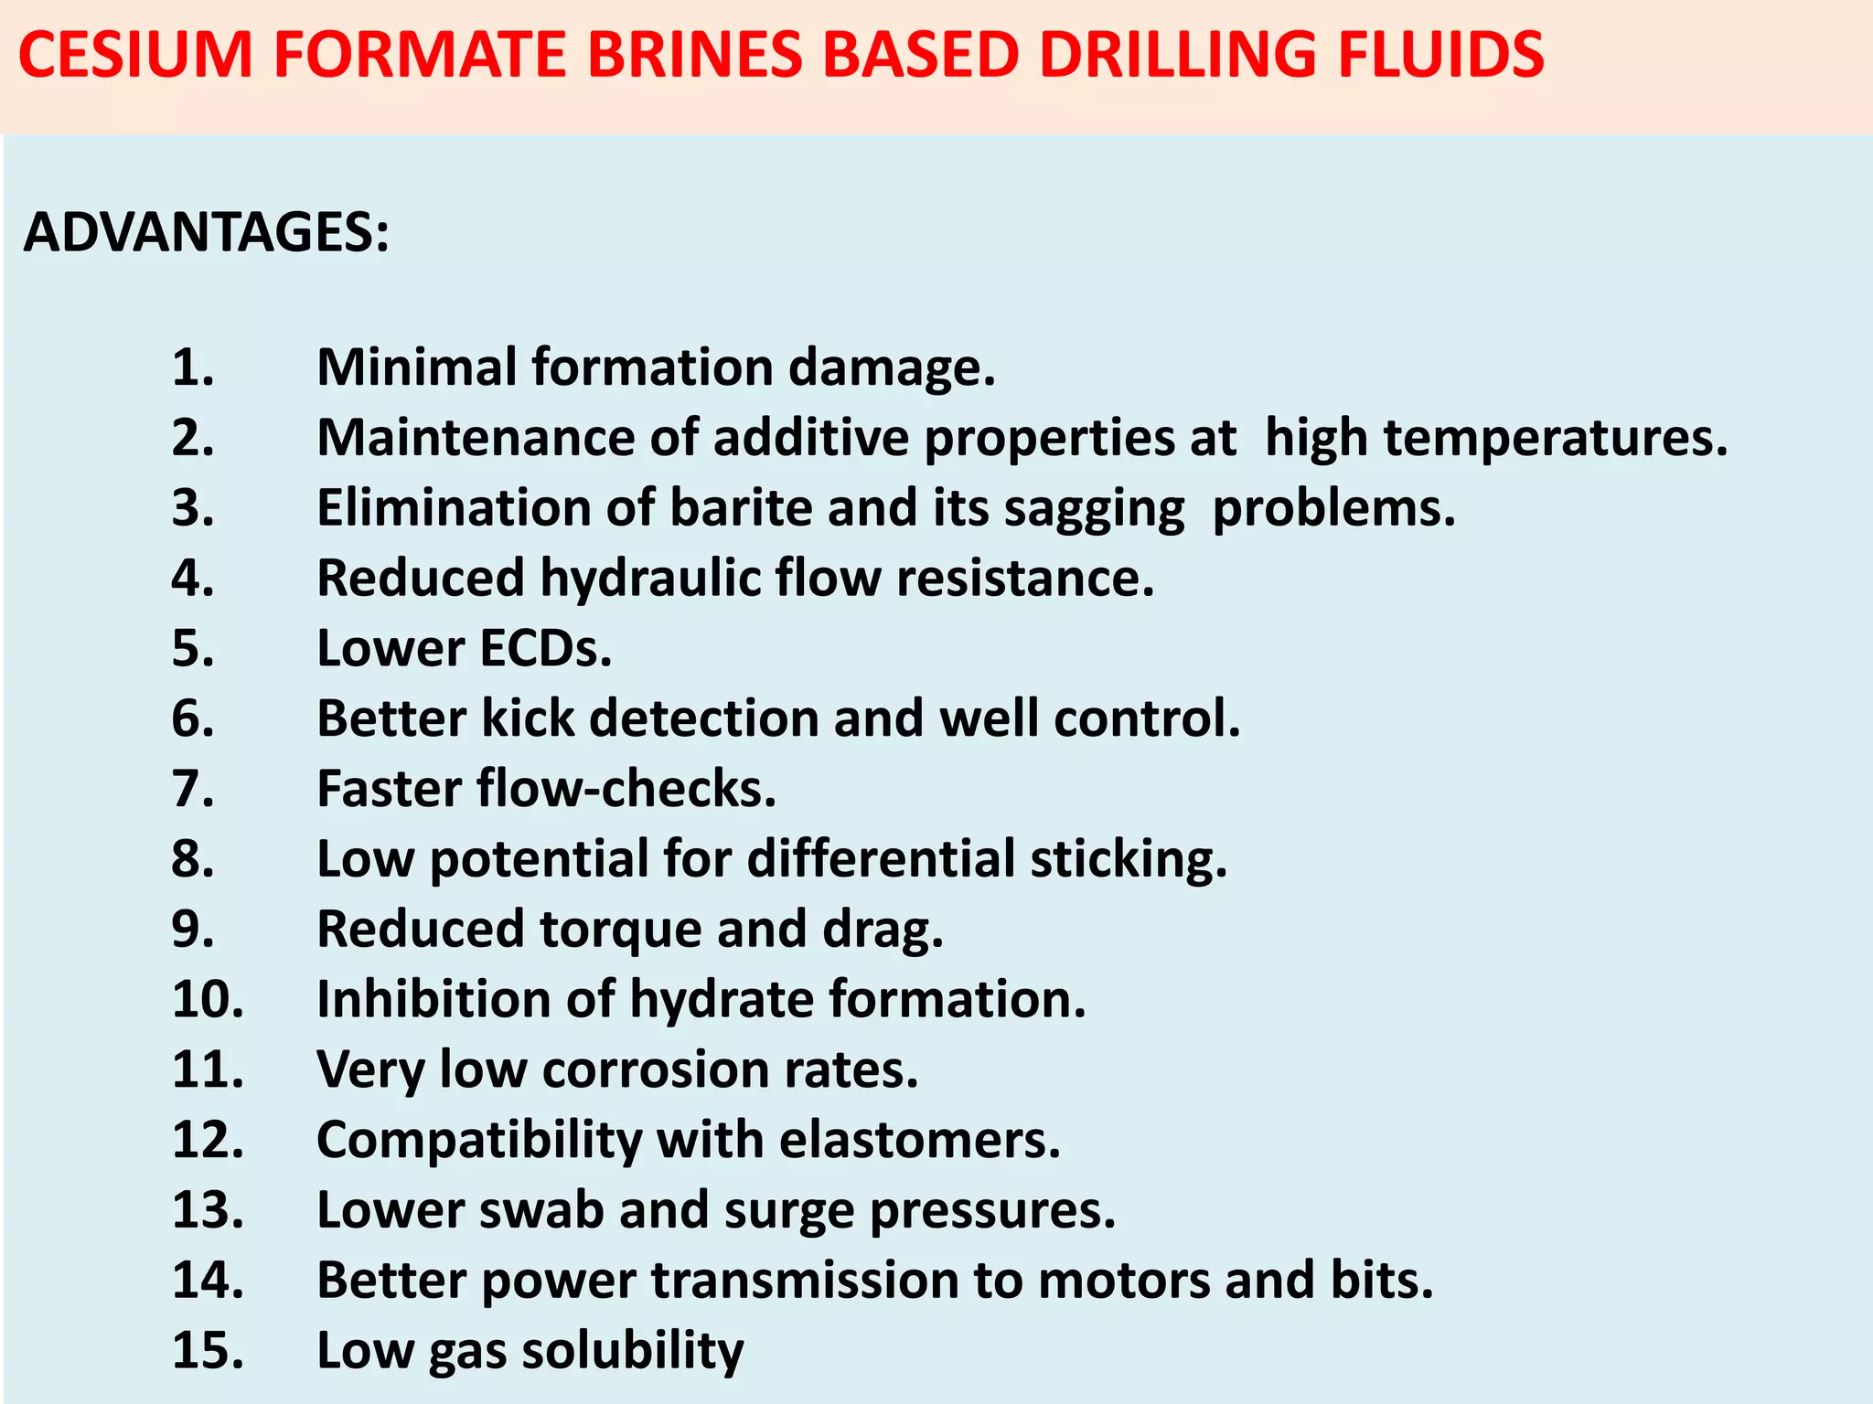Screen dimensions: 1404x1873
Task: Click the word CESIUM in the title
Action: click(x=134, y=55)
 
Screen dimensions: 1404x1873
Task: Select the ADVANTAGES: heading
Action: click(x=207, y=232)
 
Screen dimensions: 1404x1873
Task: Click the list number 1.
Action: click(x=193, y=367)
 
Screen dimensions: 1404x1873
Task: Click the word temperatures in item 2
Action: click(x=1555, y=438)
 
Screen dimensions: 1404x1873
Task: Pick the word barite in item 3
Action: click(x=741, y=508)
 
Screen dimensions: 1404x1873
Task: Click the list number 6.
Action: click(x=193, y=719)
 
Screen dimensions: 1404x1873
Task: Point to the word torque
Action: click(x=621, y=930)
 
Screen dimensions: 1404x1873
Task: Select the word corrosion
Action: click(x=655, y=1070)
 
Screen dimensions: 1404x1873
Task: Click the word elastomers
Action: click(x=919, y=1141)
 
